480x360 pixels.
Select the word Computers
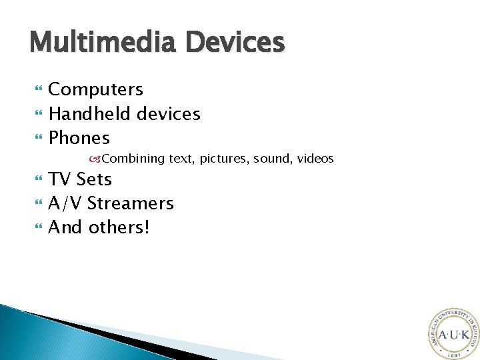pos(96,90)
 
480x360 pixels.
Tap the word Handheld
pos(89,114)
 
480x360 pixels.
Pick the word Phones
pos(79,138)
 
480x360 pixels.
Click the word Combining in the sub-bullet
pos(133,159)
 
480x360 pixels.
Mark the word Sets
pos(94,179)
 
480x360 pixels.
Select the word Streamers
pos(131,203)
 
